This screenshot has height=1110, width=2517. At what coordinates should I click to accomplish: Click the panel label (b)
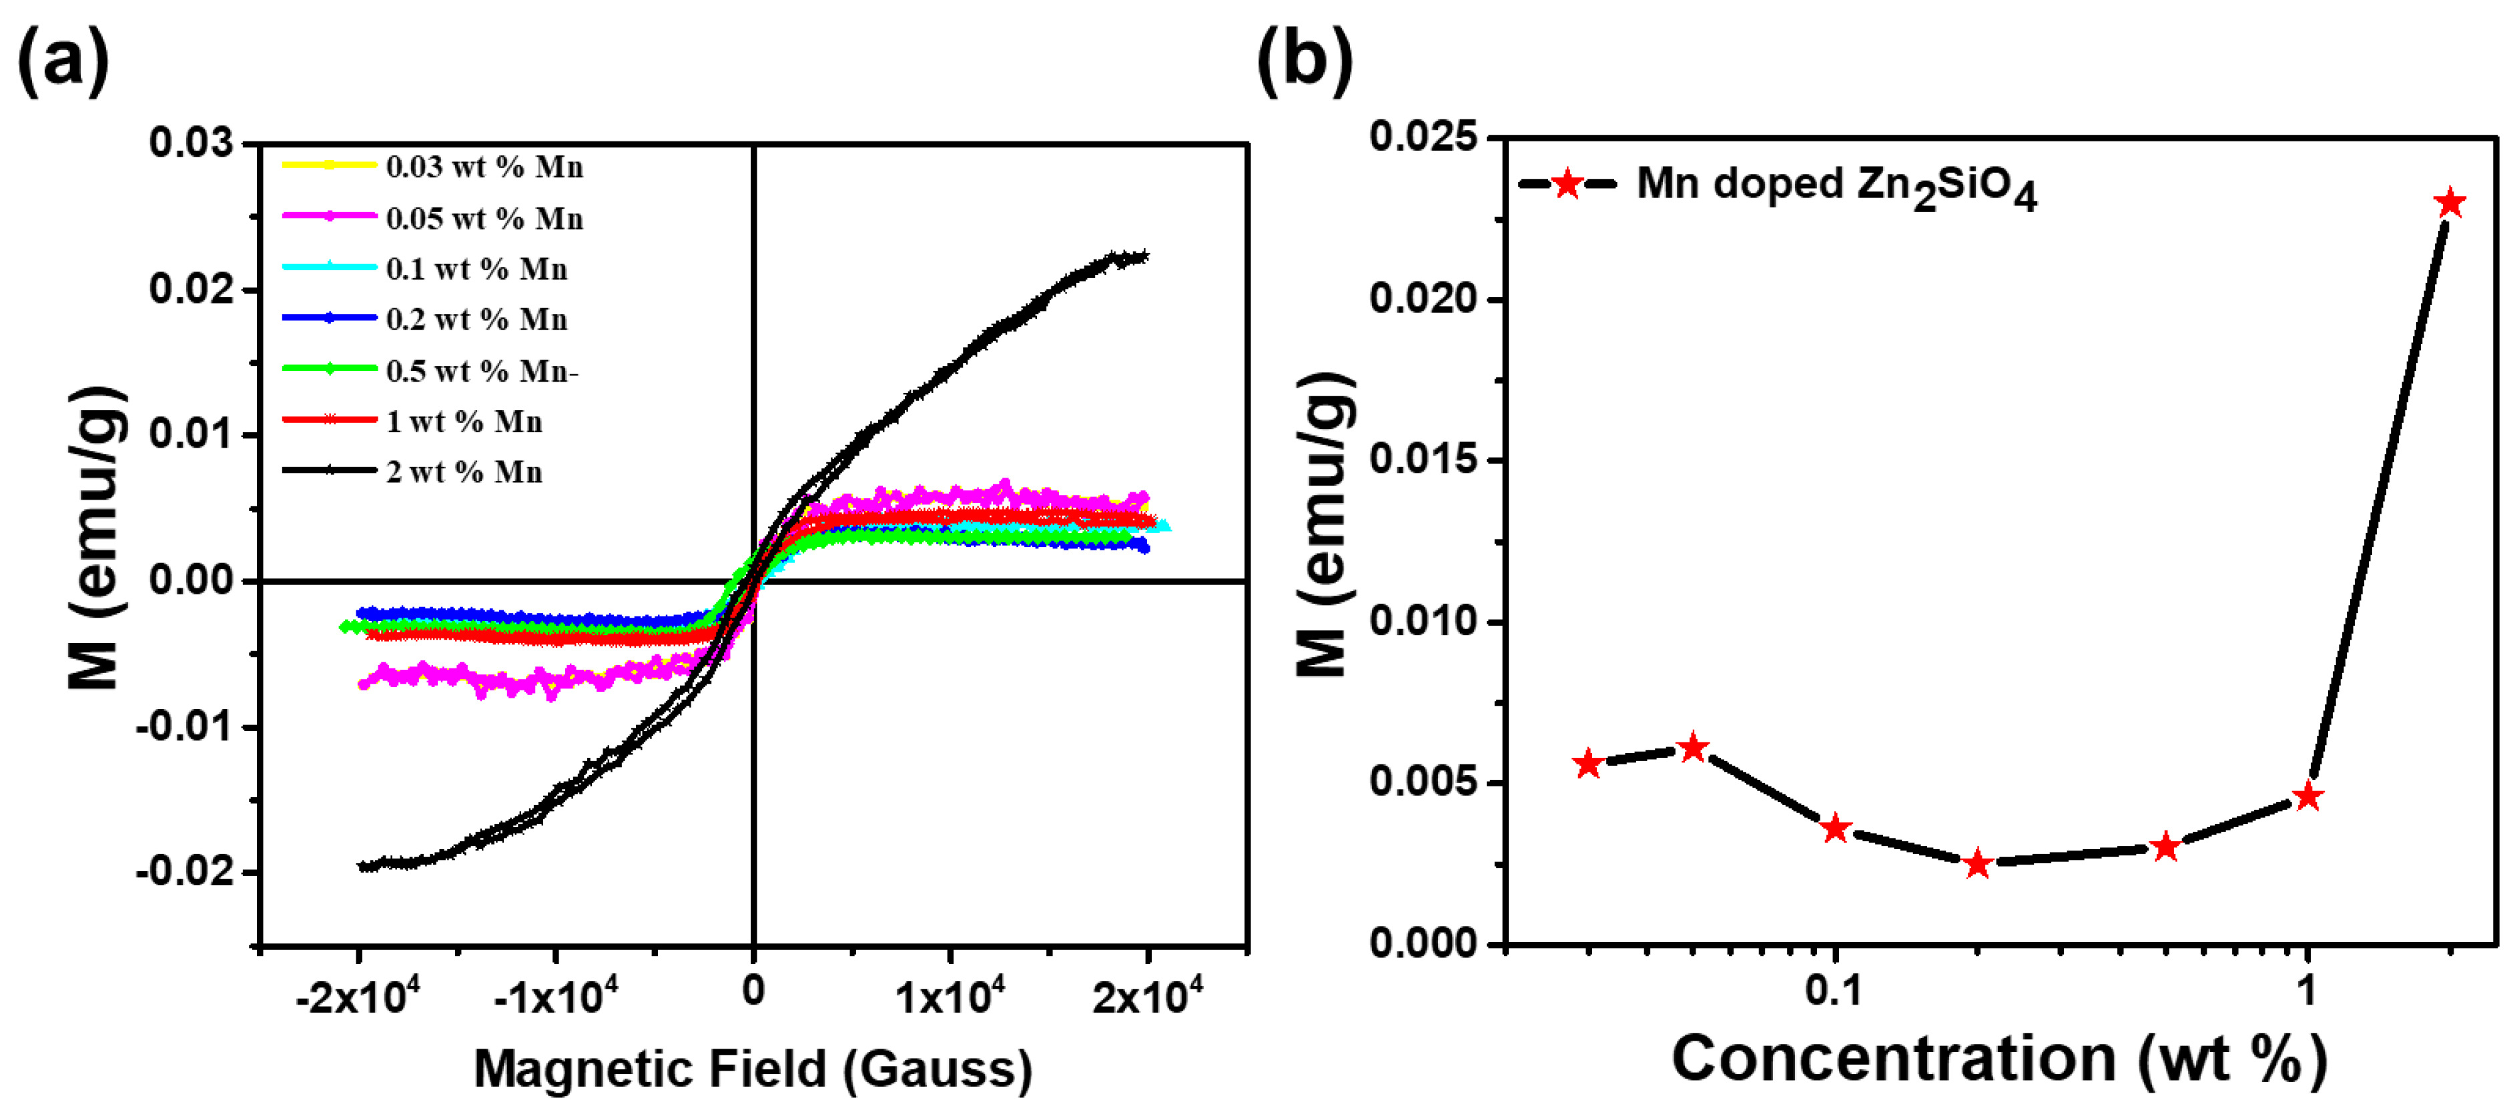click(1305, 61)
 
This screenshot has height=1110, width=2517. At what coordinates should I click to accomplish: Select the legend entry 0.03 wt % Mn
click(484, 167)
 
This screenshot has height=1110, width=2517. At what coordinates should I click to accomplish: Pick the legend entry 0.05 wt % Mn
click(484, 218)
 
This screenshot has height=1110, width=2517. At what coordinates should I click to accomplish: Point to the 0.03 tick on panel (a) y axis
click(192, 143)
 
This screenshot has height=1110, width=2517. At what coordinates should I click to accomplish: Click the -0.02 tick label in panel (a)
click(186, 871)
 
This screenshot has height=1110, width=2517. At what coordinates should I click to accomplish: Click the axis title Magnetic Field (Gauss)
click(753, 1068)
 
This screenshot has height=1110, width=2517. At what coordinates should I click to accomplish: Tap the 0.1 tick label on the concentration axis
click(1834, 990)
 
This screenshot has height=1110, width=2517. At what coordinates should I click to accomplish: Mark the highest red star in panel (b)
click(2449, 203)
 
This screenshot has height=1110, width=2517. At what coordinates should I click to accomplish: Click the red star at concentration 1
click(2307, 796)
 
